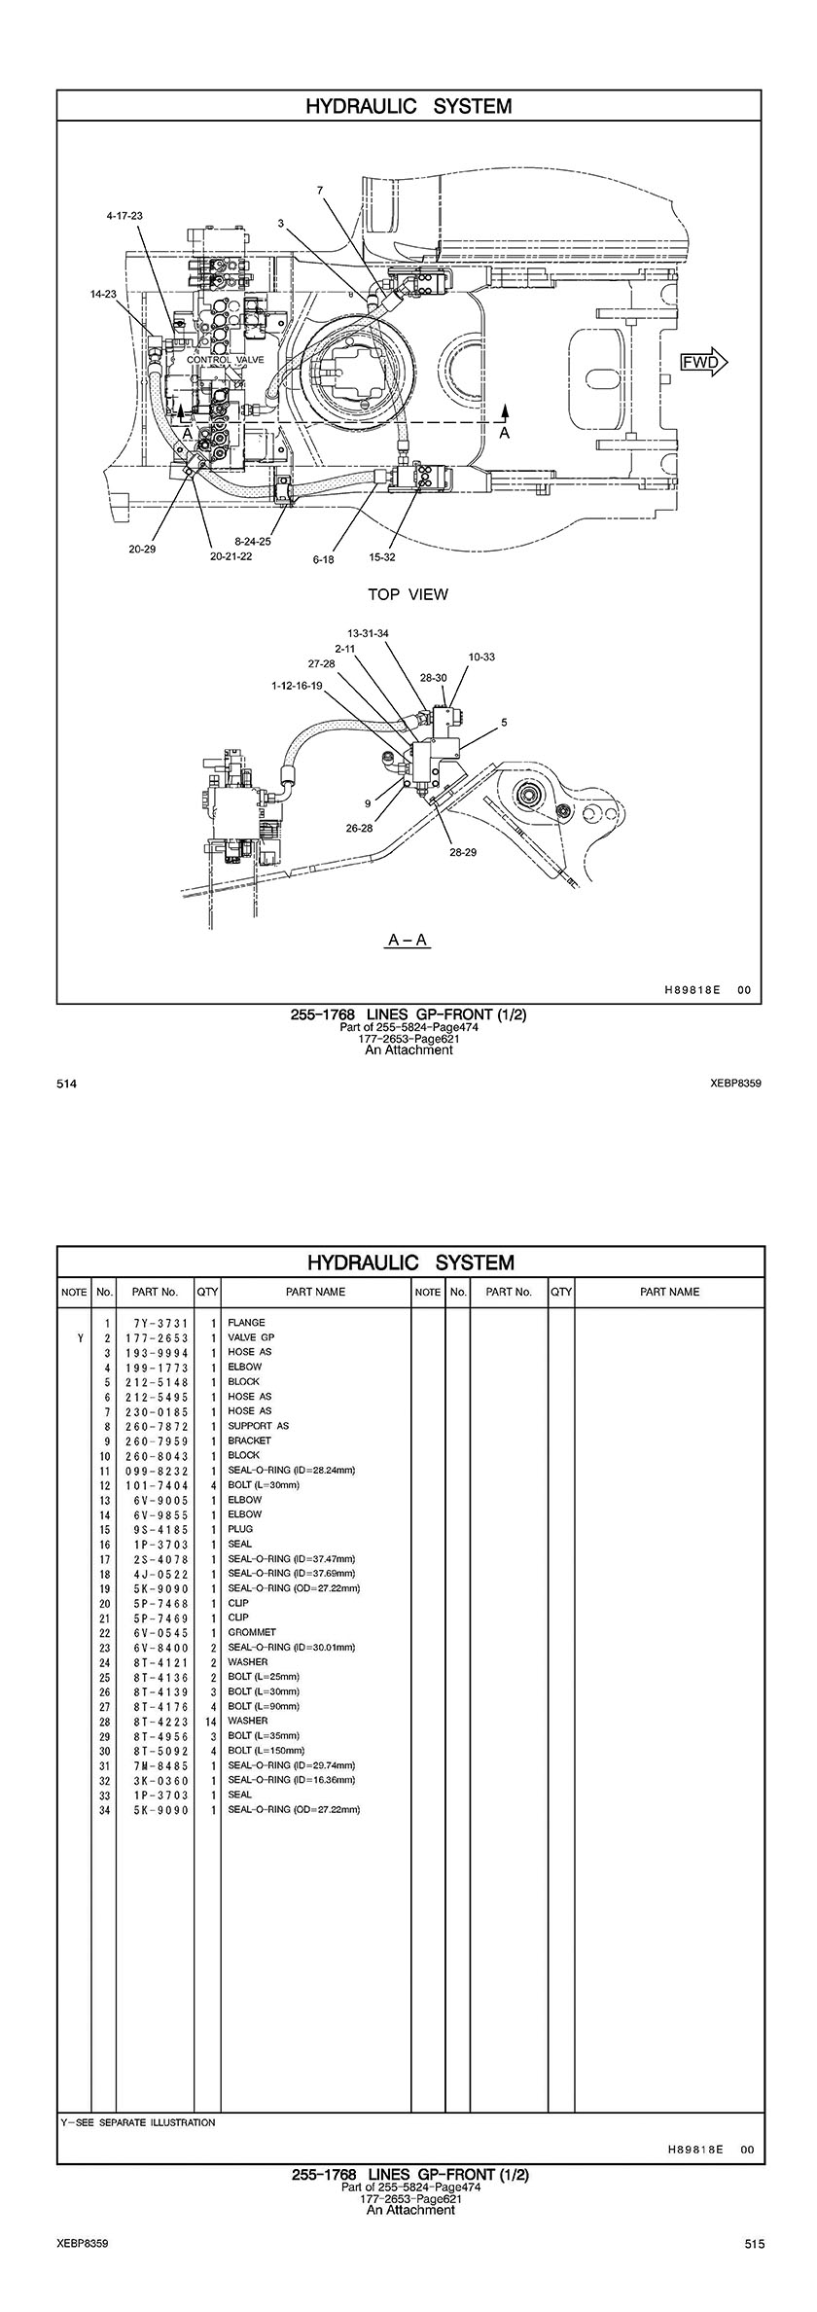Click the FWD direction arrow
[x=703, y=362]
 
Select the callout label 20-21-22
[x=231, y=556]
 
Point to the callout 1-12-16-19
[x=297, y=686]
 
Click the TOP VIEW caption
[x=408, y=594]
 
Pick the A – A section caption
[x=408, y=940]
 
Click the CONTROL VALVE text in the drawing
[x=225, y=360]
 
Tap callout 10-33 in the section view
[x=481, y=658]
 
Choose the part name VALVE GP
[x=251, y=1337]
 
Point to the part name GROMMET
[x=252, y=1632]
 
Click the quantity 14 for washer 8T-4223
[x=210, y=1721]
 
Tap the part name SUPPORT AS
[x=258, y=1426]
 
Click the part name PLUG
[x=240, y=1529]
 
